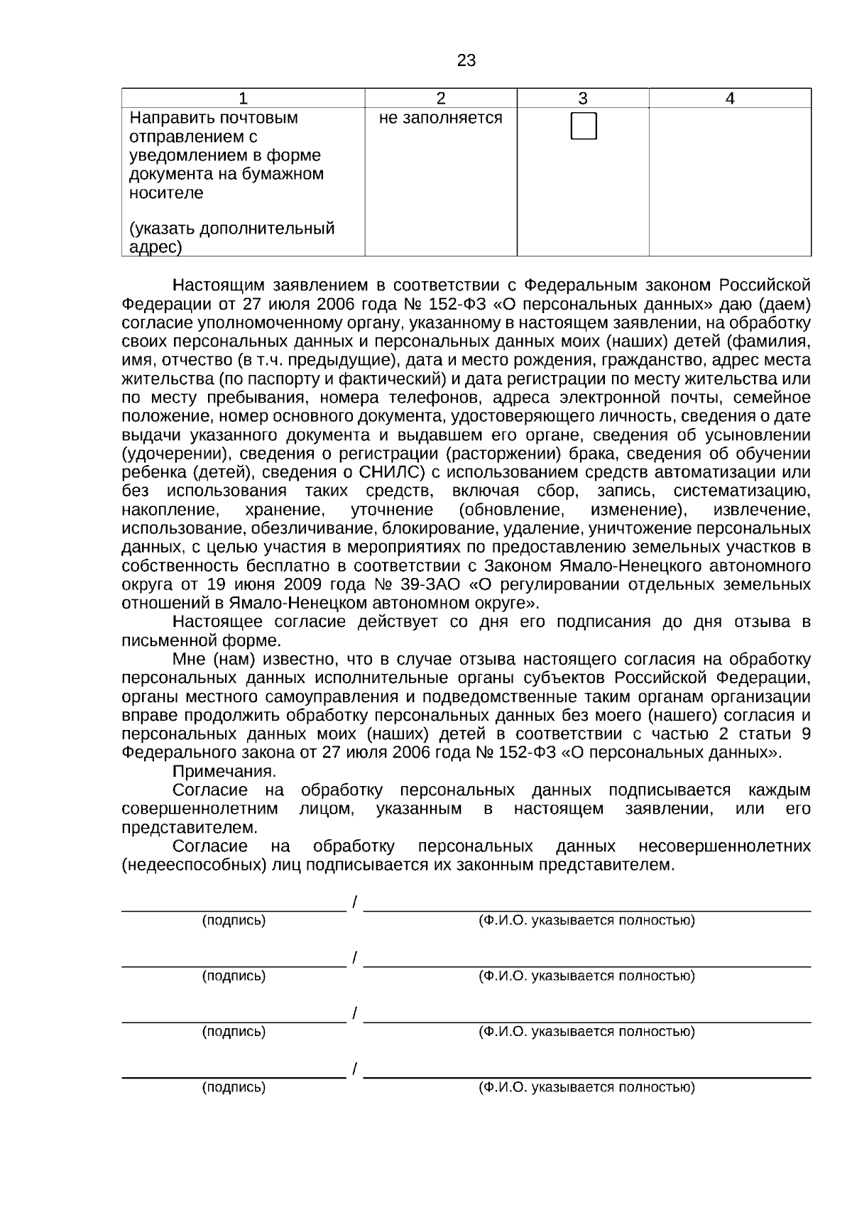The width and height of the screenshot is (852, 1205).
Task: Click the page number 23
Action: pos(466,61)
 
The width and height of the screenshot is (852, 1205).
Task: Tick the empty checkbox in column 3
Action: pos(584,126)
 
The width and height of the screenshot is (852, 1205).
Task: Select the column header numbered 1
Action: pos(244,99)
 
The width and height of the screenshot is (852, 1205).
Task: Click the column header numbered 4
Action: pos(730,99)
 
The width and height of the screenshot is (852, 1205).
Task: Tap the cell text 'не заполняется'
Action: pos(440,118)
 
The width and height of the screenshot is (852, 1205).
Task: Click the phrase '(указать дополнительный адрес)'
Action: pos(231,238)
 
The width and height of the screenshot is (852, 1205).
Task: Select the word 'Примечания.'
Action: pos(224,772)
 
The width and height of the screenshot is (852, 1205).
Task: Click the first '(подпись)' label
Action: pos(234,921)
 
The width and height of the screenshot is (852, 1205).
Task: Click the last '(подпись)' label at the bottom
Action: pos(234,1087)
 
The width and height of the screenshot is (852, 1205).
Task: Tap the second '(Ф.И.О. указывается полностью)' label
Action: pos(586,976)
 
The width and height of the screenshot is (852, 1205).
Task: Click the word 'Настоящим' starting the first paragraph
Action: pos(218,285)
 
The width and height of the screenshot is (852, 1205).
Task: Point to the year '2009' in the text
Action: pos(303,585)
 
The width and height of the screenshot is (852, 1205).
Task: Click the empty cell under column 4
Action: pos(730,181)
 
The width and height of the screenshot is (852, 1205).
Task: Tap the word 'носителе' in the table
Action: pos(165,193)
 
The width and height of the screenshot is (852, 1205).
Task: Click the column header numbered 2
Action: pos(440,99)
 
